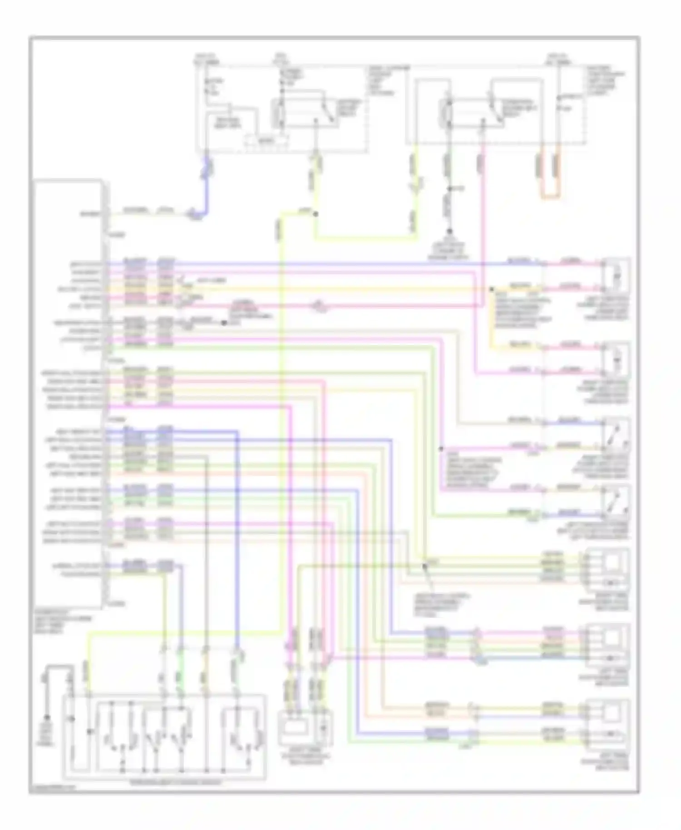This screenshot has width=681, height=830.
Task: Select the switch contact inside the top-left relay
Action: click(x=328, y=111)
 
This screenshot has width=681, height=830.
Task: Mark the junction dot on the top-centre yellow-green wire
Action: click(x=315, y=213)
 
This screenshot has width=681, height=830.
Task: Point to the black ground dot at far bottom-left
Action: click(x=46, y=717)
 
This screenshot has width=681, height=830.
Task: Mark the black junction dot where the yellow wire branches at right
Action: click(x=491, y=289)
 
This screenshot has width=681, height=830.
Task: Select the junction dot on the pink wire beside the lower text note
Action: click(x=440, y=449)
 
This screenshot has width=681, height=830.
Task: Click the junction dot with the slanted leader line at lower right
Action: click(x=425, y=566)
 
